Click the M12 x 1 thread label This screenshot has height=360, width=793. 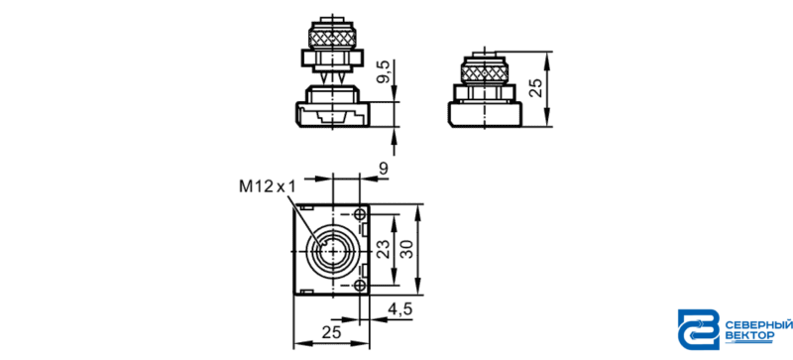[x=267, y=186]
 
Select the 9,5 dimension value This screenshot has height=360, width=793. [x=385, y=71]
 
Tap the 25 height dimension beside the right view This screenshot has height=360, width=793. [x=537, y=88]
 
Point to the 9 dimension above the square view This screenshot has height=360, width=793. [x=384, y=170]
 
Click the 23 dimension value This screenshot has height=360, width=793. [x=385, y=250]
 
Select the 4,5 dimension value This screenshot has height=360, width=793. [x=400, y=308]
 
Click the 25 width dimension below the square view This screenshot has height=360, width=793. [x=331, y=332]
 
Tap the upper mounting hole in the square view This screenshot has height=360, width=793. [x=360, y=214]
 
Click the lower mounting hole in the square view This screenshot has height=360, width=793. [x=360, y=285]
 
